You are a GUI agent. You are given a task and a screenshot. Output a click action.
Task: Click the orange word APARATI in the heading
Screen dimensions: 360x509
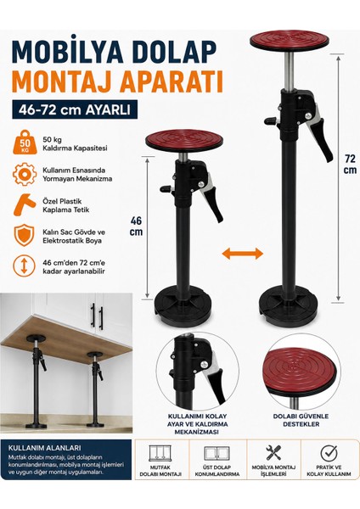172,81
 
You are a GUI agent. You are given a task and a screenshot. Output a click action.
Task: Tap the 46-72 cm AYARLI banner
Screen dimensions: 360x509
75,109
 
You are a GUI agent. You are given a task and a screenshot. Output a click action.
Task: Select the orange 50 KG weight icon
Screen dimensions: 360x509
25,143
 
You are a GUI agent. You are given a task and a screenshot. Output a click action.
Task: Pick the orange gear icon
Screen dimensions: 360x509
25,175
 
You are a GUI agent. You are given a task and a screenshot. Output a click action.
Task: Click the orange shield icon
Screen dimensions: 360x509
25,236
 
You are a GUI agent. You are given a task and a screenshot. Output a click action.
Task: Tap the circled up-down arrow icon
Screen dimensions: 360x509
24,266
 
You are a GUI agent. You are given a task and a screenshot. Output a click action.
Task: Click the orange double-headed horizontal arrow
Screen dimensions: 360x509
242,253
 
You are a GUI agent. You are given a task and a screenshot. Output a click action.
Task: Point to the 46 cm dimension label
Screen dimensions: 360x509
136,227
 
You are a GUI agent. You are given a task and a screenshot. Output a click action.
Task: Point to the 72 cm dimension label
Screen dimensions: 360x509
351,165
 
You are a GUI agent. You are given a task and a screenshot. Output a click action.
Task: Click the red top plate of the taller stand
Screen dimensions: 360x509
290,41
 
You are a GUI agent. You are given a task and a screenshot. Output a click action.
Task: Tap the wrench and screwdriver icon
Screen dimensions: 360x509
274,452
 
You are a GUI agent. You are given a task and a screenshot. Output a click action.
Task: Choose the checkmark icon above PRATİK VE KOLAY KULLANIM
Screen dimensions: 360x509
329,452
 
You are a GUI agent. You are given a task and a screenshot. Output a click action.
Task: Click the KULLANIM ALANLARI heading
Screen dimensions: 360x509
44,448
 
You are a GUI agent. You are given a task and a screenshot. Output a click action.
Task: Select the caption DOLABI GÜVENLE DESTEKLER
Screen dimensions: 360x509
301,420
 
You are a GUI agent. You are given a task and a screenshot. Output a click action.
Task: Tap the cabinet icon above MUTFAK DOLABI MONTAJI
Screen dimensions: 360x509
160,453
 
